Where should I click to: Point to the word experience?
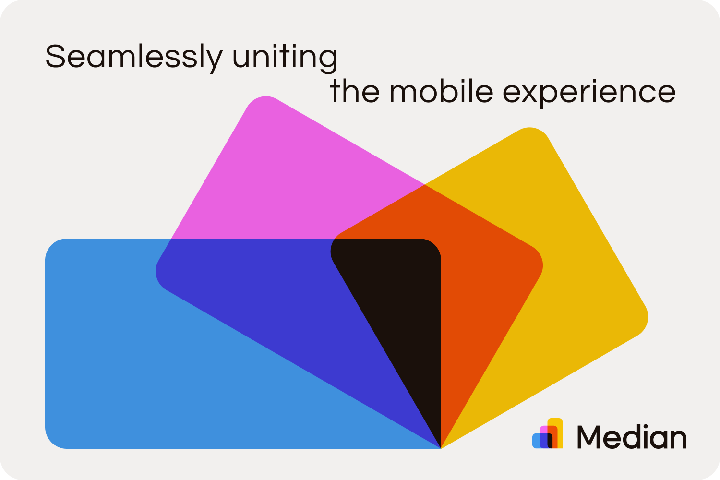[589, 92]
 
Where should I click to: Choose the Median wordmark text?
[631, 437]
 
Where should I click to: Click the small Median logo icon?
[547, 434]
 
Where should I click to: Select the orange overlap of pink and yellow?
[475, 269]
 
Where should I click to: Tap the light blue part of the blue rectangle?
[144, 374]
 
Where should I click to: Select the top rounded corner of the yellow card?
[530, 133]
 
